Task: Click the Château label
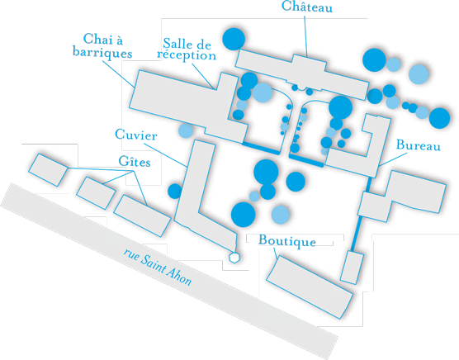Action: (x=307, y=7)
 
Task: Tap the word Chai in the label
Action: (x=94, y=38)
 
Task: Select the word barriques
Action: (x=102, y=53)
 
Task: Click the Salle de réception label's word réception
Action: (x=187, y=55)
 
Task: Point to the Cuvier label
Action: (x=136, y=135)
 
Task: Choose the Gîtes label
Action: (x=135, y=161)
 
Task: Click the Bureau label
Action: (x=419, y=144)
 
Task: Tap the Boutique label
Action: (x=287, y=240)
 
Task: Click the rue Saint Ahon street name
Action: (x=158, y=267)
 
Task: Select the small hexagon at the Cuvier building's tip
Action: (x=234, y=258)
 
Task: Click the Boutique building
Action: (x=310, y=287)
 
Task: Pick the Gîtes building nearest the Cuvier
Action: (x=142, y=216)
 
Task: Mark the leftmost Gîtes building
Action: (x=48, y=170)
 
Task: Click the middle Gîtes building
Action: (x=96, y=193)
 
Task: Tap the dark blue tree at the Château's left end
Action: (x=234, y=39)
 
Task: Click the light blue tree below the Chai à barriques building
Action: (x=186, y=130)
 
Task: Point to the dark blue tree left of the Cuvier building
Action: (x=175, y=191)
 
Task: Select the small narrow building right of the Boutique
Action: (x=353, y=268)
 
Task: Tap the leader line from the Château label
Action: (x=305, y=36)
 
